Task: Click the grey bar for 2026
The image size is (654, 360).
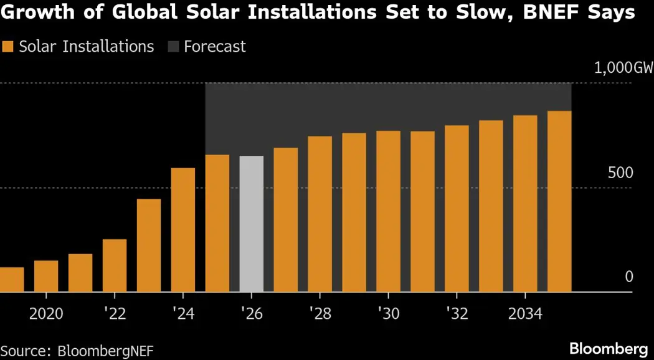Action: [x=252, y=224]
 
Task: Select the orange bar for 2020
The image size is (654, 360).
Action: [x=46, y=277]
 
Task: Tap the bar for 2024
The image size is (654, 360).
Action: [x=183, y=230]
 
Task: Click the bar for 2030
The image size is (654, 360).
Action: [x=389, y=211]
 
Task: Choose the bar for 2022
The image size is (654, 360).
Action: [x=115, y=265]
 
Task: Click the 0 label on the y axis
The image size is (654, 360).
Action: [x=628, y=277]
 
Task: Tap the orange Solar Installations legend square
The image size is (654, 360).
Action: [x=8, y=47]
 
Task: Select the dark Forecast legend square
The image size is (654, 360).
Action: [x=173, y=47]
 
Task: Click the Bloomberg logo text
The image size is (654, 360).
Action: [x=608, y=348]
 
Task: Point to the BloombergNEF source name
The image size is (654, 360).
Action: [x=105, y=350]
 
